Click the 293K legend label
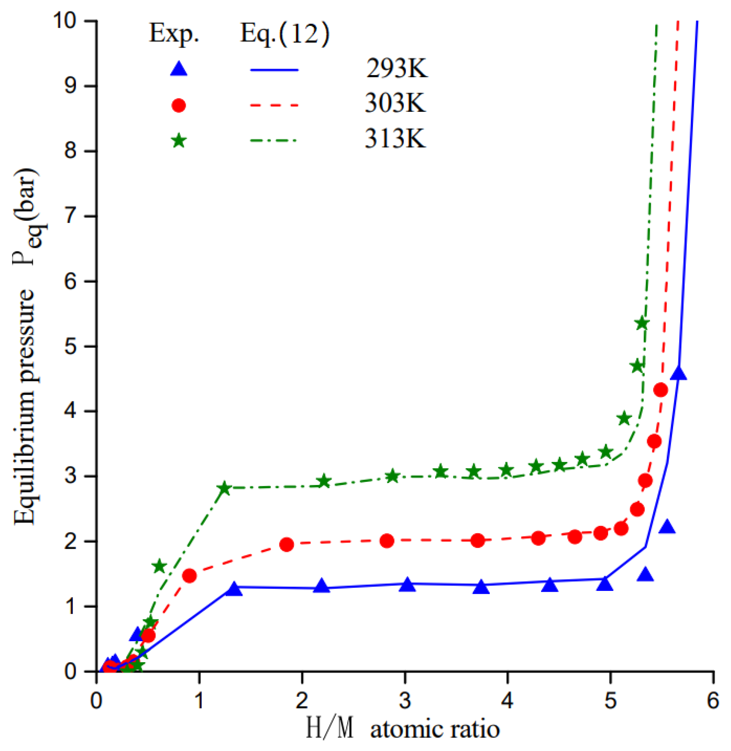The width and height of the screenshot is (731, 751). tap(396, 69)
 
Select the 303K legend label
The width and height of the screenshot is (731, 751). tap(395, 104)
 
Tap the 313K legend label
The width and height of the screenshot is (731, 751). tap(395, 139)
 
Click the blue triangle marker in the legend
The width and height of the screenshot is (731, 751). tap(179, 69)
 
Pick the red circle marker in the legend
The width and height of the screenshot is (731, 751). tap(178, 105)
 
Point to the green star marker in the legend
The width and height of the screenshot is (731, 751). tap(179, 140)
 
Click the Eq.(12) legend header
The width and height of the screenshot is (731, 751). tap(285, 34)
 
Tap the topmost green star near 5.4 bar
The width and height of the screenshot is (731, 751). tap(642, 323)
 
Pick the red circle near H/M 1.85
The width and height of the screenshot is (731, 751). tap(286, 545)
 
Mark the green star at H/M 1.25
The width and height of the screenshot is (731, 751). tap(224, 488)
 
